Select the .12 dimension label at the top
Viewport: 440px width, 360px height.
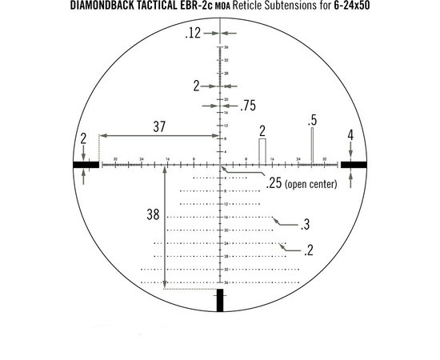pos(192,34)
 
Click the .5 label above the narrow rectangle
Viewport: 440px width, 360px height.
pos(313,121)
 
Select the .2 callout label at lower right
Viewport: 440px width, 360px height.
pos(308,250)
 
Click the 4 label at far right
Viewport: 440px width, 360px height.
pos(350,136)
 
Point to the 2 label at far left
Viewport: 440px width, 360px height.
pos(83,138)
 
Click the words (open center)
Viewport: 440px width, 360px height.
pos(311,185)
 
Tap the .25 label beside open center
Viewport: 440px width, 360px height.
pos(274,185)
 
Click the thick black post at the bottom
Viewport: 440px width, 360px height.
pos(219,299)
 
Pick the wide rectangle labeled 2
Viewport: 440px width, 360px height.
pos(262,150)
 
